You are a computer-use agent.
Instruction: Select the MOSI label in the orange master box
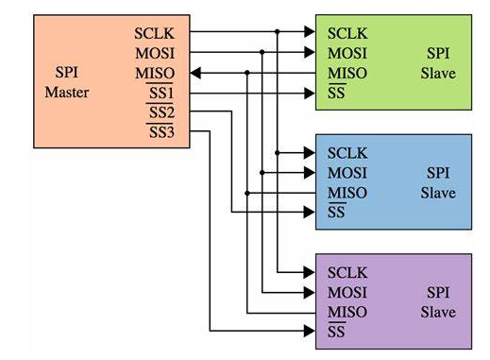click(155, 53)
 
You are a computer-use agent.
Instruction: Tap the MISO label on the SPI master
click(155, 73)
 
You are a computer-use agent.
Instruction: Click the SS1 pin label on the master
click(161, 94)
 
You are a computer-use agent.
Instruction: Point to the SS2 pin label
click(161, 112)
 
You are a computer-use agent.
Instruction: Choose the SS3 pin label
click(161, 132)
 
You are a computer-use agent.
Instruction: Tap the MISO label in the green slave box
click(346, 73)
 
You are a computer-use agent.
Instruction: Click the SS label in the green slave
click(335, 93)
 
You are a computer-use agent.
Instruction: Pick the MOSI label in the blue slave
click(346, 172)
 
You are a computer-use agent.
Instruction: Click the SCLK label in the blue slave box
click(346, 152)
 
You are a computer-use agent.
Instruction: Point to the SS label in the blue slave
click(335, 213)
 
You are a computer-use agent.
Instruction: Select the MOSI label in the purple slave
click(346, 292)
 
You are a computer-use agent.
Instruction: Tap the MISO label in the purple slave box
click(346, 312)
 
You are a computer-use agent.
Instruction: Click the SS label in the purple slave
click(335, 333)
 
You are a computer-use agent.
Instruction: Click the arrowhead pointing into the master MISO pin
click(194, 73)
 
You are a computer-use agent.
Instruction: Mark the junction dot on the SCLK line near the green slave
click(277, 32)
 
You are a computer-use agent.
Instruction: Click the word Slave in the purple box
click(438, 312)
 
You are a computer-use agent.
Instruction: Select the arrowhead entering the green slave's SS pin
click(308, 93)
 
